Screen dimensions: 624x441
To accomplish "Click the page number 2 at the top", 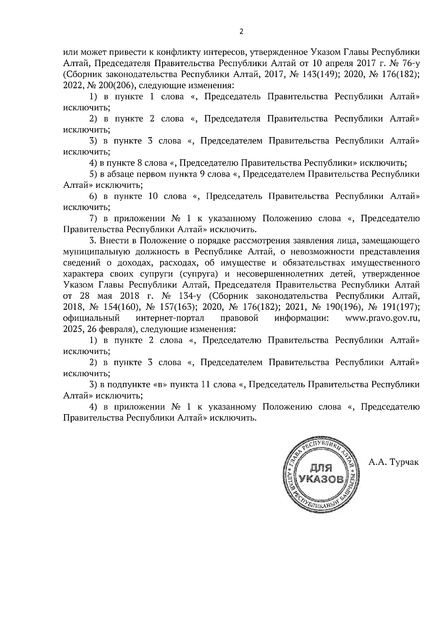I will tap(241, 32).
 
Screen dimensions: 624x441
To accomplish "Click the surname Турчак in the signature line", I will tap(404, 462).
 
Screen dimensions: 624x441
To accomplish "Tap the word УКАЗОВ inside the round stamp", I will tap(322, 479).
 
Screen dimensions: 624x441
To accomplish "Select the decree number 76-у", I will tap(409, 64).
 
